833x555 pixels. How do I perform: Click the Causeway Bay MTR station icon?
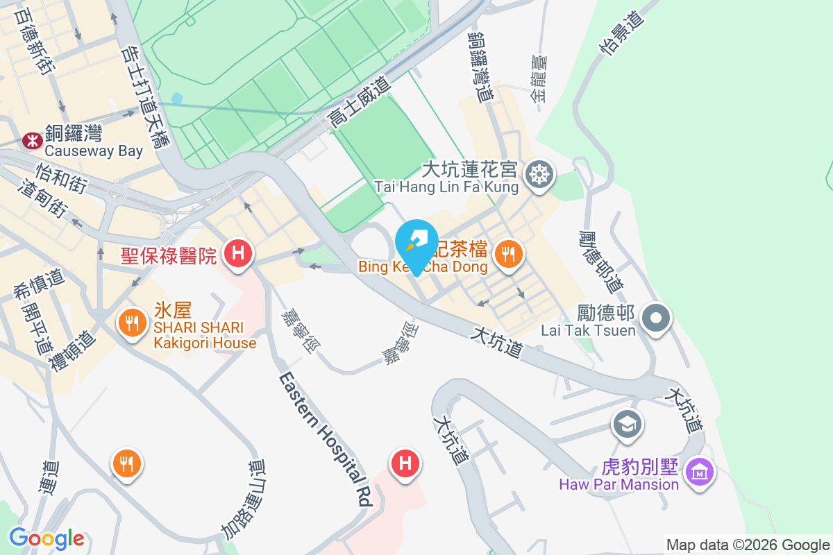click(31, 141)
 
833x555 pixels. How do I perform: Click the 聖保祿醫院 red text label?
click(169, 255)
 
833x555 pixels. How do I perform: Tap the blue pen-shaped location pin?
click(416, 243)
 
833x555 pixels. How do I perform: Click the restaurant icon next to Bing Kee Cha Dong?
click(509, 254)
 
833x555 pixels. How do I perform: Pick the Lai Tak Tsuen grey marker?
click(656, 318)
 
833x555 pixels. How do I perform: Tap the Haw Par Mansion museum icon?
click(699, 472)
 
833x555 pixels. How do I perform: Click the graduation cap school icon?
click(628, 424)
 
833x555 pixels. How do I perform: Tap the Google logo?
click(47, 538)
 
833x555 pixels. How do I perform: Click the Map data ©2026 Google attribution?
click(748, 545)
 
